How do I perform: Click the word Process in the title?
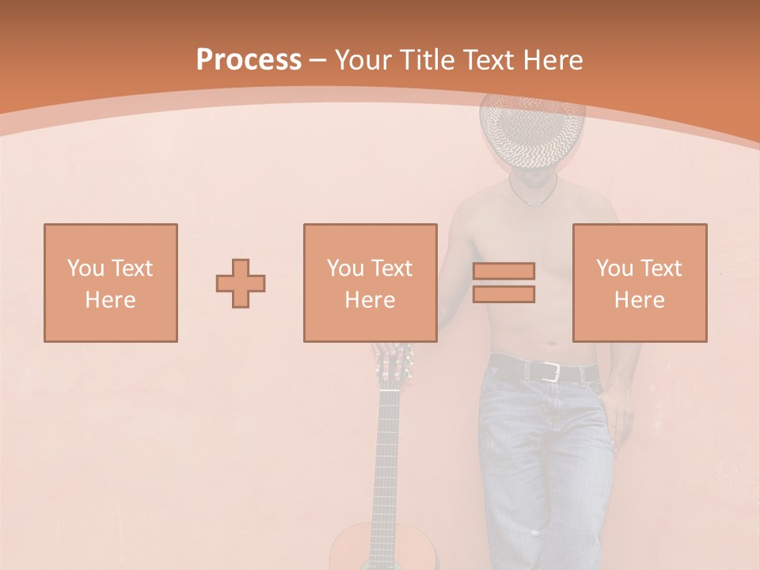click(249, 59)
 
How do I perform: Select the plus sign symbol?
click(241, 283)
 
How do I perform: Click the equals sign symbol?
click(503, 283)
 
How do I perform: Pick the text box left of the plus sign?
click(111, 283)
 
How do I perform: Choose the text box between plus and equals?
click(370, 283)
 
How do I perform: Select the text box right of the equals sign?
click(640, 283)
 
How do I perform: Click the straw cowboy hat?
click(532, 131)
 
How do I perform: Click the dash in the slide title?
click(317, 59)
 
